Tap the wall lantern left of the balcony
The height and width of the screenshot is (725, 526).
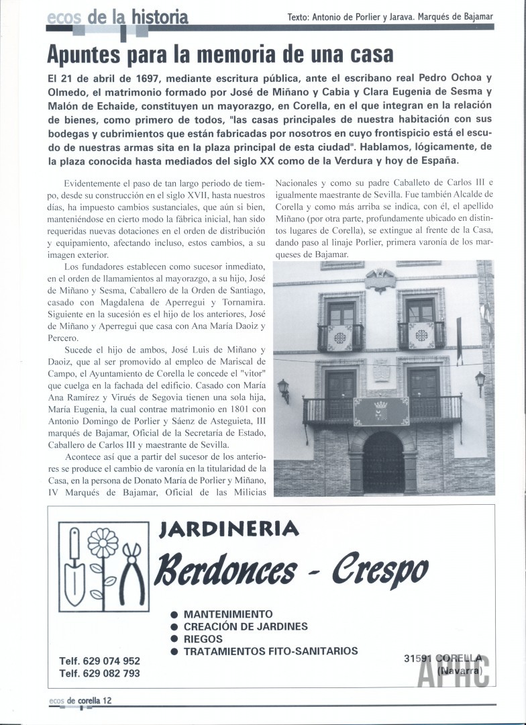coord(283,389)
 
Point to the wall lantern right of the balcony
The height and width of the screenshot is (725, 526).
coord(480,382)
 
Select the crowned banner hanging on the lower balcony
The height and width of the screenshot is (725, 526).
coord(381,411)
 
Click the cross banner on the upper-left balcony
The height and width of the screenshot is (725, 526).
coord(340,337)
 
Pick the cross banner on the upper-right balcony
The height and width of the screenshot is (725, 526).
coord(422,334)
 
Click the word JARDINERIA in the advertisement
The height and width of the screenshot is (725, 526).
coord(228,530)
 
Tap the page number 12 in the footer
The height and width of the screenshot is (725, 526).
coord(106,700)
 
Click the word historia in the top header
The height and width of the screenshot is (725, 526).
coord(160,17)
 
